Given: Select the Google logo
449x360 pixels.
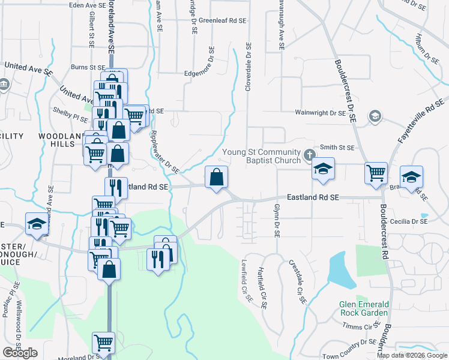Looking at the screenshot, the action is point(20,353).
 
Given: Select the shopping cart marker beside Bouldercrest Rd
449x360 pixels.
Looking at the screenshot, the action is point(376,173).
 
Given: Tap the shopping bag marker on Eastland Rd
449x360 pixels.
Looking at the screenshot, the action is point(216,178).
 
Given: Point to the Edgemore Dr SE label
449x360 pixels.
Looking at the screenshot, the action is point(208,67).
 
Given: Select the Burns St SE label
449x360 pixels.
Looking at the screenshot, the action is point(88,67).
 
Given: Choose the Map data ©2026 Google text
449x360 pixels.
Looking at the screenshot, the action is point(412,355).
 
